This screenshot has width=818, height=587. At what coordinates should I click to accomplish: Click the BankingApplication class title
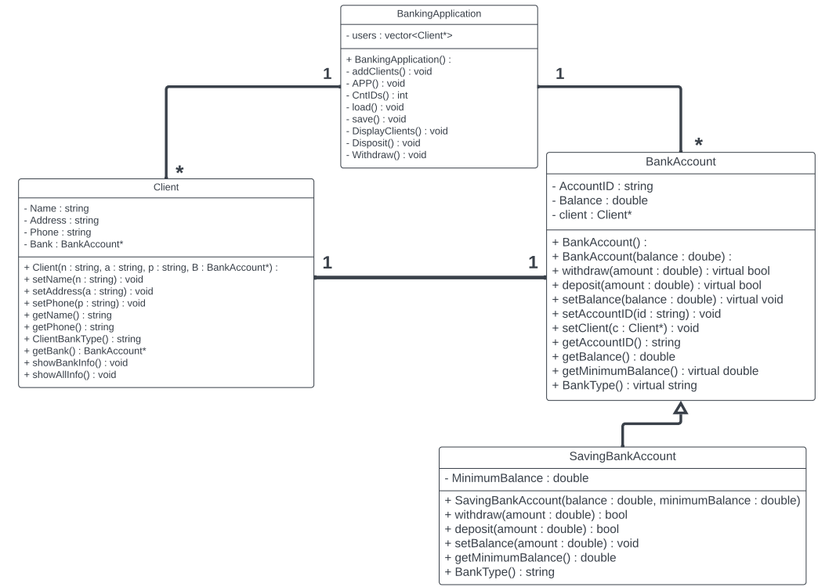pos(439,14)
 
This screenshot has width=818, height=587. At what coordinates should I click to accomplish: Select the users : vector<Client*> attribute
pos(399,37)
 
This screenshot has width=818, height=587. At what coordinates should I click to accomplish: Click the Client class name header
pos(165,187)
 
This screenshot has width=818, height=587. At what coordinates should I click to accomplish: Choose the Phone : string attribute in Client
pos(58,232)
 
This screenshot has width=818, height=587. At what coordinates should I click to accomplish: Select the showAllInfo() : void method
pos(70,375)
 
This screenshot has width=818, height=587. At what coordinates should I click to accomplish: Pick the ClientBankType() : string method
pos(82,339)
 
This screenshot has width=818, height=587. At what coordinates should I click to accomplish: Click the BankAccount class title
pos(679,161)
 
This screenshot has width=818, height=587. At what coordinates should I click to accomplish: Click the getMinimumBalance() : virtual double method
pos(655,371)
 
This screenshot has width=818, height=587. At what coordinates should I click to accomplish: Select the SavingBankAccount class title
pos(622,456)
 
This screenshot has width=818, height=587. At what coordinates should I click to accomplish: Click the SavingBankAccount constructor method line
pos(621,500)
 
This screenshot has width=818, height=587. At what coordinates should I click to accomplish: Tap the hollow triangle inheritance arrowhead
pos(681,408)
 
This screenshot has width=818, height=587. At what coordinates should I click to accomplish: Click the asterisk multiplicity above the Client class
pos(179,171)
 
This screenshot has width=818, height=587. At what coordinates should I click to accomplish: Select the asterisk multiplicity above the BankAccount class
pos(699,143)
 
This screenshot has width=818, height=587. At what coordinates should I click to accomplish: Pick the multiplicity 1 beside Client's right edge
pos(328,263)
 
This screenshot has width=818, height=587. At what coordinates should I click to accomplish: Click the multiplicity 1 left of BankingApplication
pos(328,74)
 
